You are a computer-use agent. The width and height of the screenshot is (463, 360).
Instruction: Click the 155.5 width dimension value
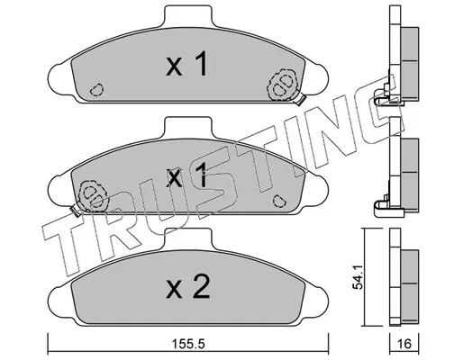189,344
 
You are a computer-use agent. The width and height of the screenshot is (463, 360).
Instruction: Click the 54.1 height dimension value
358,277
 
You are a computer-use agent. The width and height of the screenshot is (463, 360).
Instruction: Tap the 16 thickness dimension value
404,344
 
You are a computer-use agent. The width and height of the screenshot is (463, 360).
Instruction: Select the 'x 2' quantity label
188,287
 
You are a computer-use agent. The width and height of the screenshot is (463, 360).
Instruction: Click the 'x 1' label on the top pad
186,64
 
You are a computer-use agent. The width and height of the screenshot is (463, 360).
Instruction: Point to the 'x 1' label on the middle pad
186,175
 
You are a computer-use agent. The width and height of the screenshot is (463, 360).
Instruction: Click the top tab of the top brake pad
188,15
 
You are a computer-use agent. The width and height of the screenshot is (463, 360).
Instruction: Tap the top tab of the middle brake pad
188,127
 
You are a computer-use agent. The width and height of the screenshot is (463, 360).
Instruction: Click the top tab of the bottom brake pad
188,238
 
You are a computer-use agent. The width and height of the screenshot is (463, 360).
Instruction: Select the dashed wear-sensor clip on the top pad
282,85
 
